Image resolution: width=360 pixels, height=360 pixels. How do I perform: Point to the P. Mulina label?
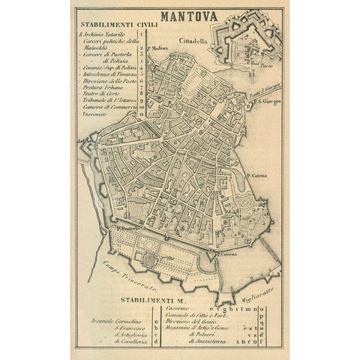[157, 50]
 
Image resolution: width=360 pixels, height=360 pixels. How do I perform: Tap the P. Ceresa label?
[227, 255]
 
